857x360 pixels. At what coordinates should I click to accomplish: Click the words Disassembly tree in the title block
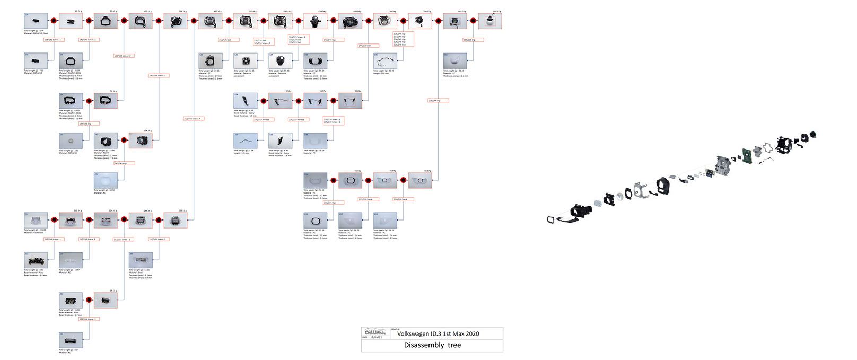(432, 345)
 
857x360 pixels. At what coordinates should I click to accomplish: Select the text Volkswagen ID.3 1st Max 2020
(438, 333)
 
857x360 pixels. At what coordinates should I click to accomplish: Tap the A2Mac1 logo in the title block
(375, 331)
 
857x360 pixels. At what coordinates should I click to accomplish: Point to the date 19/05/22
(377, 337)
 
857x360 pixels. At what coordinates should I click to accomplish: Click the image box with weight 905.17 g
(489, 21)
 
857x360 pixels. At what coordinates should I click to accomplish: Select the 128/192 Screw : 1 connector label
(53, 40)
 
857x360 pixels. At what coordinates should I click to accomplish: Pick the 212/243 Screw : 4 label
(193, 119)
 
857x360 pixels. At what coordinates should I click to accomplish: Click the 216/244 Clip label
(438, 100)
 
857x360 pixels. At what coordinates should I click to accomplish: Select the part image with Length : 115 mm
(246, 141)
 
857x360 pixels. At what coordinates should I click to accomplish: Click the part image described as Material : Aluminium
(36, 221)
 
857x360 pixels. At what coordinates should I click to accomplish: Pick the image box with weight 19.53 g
(106, 300)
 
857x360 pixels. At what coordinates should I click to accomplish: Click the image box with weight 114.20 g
(141, 141)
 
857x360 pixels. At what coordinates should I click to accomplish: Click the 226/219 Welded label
(297, 120)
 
